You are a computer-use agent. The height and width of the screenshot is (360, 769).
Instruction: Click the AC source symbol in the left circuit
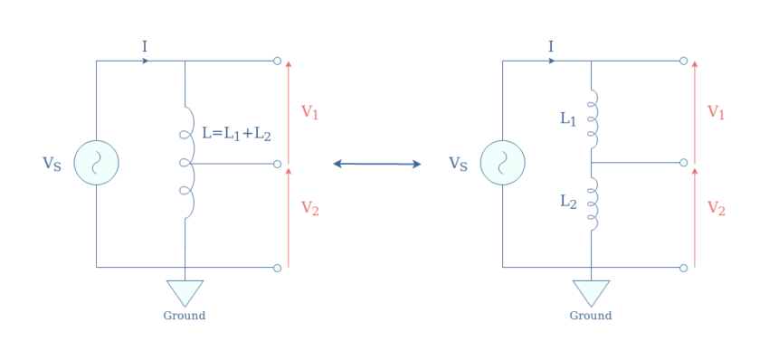tap(96, 163)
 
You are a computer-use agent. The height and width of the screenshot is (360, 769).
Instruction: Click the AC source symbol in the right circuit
tap(502, 163)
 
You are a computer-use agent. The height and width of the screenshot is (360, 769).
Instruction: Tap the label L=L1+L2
tap(236, 133)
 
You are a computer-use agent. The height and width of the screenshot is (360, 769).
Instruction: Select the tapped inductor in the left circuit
tap(186, 163)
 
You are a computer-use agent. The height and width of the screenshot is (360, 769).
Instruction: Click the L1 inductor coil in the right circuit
tap(593, 118)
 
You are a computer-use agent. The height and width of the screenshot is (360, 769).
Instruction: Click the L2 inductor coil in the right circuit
tap(593, 204)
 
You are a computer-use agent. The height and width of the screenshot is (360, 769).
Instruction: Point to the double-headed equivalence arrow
tap(377, 164)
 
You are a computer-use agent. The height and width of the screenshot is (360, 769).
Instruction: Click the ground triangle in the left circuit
tap(185, 291)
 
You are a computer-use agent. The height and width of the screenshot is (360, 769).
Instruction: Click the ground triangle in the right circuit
tap(591, 291)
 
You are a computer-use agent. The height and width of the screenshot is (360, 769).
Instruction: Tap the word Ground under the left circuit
tap(185, 316)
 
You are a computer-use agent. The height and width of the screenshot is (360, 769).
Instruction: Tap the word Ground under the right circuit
tap(591, 316)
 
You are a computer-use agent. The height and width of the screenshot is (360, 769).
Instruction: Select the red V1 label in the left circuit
tap(310, 113)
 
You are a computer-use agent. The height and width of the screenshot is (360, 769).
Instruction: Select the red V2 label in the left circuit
tap(310, 209)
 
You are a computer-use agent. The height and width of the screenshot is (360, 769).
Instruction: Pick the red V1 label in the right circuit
tap(717, 113)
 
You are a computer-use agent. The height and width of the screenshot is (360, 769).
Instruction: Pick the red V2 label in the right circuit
tap(717, 209)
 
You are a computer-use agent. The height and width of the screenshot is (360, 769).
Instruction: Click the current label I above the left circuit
tap(144, 46)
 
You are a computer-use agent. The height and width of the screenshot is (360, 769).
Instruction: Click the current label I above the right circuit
tap(551, 46)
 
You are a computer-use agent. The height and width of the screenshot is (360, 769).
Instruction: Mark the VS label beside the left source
tap(52, 164)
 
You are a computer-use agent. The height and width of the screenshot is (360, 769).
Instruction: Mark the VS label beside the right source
tap(459, 164)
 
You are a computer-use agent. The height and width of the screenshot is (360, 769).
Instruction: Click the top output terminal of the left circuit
tap(277, 61)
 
